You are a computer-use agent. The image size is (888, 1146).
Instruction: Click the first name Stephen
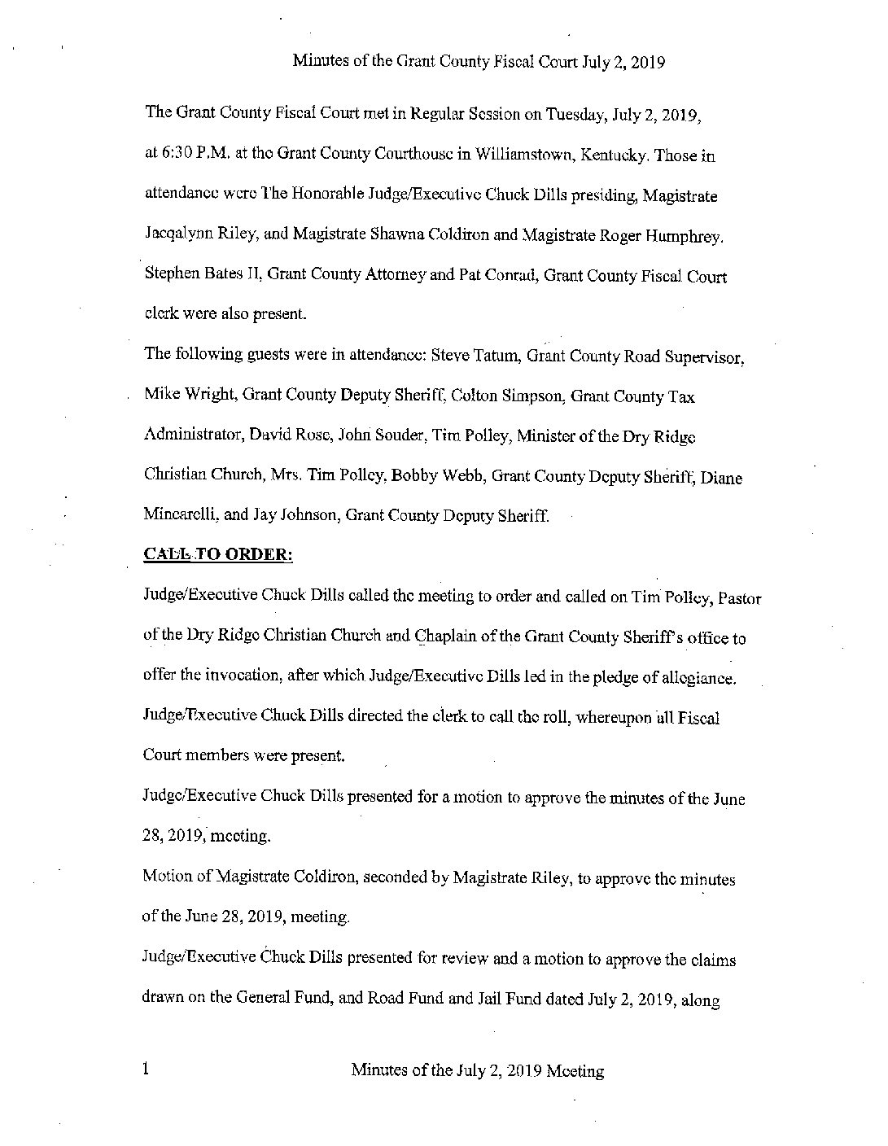[168, 276]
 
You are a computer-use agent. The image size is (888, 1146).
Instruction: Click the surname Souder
[396, 436]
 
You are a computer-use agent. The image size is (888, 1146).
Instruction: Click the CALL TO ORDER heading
[217, 554]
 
